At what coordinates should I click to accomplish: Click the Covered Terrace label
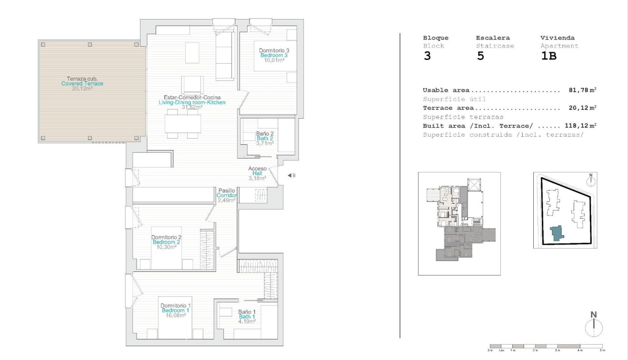(x=82, y=84)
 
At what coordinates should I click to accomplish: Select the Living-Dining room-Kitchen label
(x=192, y=102)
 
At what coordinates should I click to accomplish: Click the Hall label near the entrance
(x=257, y=173)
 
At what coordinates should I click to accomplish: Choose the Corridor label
(x=227, y=195)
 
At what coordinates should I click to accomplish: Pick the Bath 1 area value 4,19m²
(x=247, y=321)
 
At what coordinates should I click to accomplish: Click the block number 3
(x=427, y=56)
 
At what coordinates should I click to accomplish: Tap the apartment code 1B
(x=548, y=56)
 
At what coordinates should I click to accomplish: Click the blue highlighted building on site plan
(x=556, y=233)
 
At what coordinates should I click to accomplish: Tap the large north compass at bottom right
(x=594, y=326)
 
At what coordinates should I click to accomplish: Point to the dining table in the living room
(x=183, y=124)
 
